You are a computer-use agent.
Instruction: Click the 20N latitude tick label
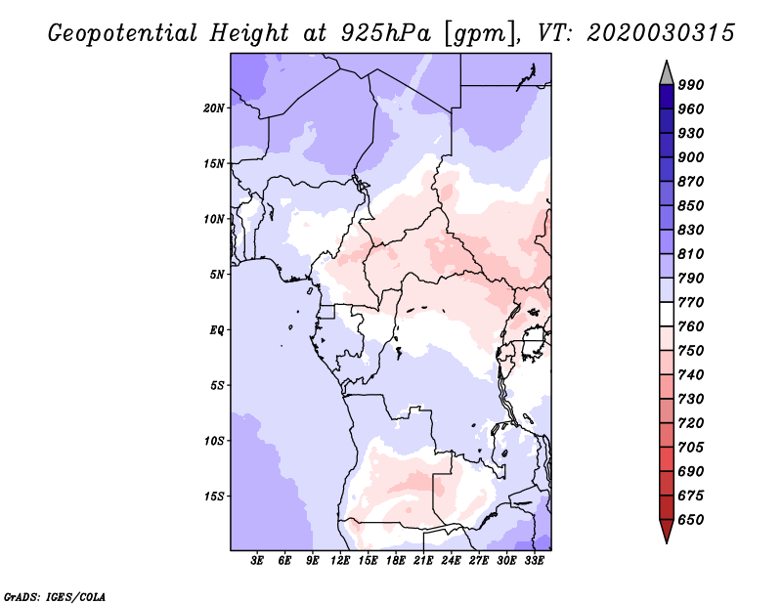click(214, 108)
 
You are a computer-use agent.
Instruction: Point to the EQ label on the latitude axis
click(217, 329)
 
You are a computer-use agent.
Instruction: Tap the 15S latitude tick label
click(214, 496)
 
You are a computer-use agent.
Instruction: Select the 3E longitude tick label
click(257, 560)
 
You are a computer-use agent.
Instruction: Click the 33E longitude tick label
click(534, 560)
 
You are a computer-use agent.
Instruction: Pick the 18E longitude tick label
click(396, 560)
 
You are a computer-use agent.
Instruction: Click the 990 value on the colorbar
click(691, 85)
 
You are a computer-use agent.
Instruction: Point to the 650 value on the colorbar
click(691, 520)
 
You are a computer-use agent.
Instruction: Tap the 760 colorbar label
click(691, 326)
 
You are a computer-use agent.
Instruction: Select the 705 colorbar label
click(691, 447)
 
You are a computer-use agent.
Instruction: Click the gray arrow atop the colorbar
click(667, 73)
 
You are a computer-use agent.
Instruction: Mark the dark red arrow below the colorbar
click(667, 530)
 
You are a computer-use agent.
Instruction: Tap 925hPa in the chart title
click(386, 33)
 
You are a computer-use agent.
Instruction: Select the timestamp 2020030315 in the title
click(661, 33)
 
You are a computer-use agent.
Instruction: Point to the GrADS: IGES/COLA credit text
click(55, 597)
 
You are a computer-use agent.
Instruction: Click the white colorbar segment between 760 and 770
click(667, 315)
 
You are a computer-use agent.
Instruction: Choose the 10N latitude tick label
click(214, 219)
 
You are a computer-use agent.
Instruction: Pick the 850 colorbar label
click(691, 205)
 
